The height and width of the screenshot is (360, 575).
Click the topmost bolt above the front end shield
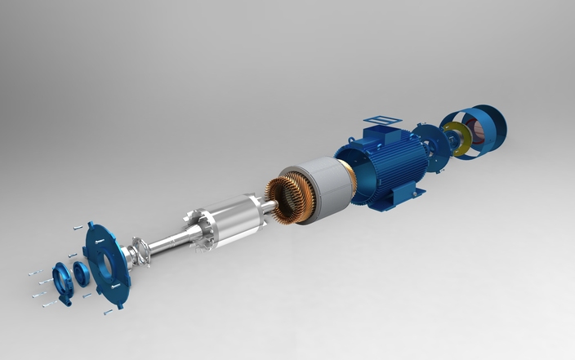[77, 227]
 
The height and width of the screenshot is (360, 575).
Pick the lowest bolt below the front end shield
[107, 312]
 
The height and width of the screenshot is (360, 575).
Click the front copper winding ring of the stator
[286, 199]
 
